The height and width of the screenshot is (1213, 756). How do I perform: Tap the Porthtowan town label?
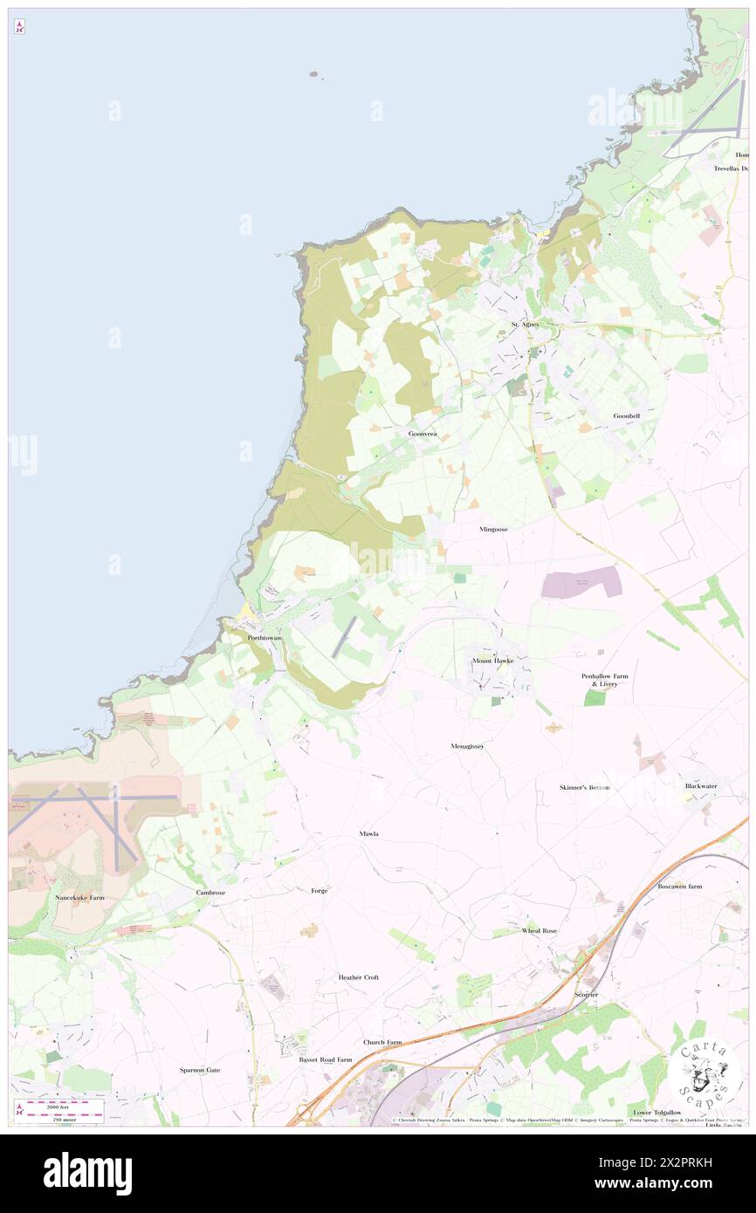click(265, 638)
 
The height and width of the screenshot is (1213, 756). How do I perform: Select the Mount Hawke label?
click(493, 661)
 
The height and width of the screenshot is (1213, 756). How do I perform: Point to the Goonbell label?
click(626, 416)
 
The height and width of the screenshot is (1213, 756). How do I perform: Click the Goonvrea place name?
click(422, 434)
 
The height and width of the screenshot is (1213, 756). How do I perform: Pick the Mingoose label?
click(493, 529)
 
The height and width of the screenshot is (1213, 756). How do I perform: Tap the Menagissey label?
click(468, 746)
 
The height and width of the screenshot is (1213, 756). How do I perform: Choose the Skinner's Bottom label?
click(585, 787)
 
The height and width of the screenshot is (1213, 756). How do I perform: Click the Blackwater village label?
click(701, 785)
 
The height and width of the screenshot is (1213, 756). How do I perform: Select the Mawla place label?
click(369, 834)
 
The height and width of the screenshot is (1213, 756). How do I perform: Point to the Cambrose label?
click(210, 893)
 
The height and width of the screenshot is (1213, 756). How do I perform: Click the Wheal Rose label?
click(539, 931)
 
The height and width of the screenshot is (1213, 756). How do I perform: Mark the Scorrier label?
click(586, 995)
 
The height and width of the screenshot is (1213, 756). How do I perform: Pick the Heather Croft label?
click(359, 977)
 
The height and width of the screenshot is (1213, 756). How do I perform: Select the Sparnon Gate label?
click(200, 1070)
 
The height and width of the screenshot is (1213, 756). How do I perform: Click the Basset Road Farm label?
click(326, 1059)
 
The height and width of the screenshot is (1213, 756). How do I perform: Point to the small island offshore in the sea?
click(313, 75)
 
